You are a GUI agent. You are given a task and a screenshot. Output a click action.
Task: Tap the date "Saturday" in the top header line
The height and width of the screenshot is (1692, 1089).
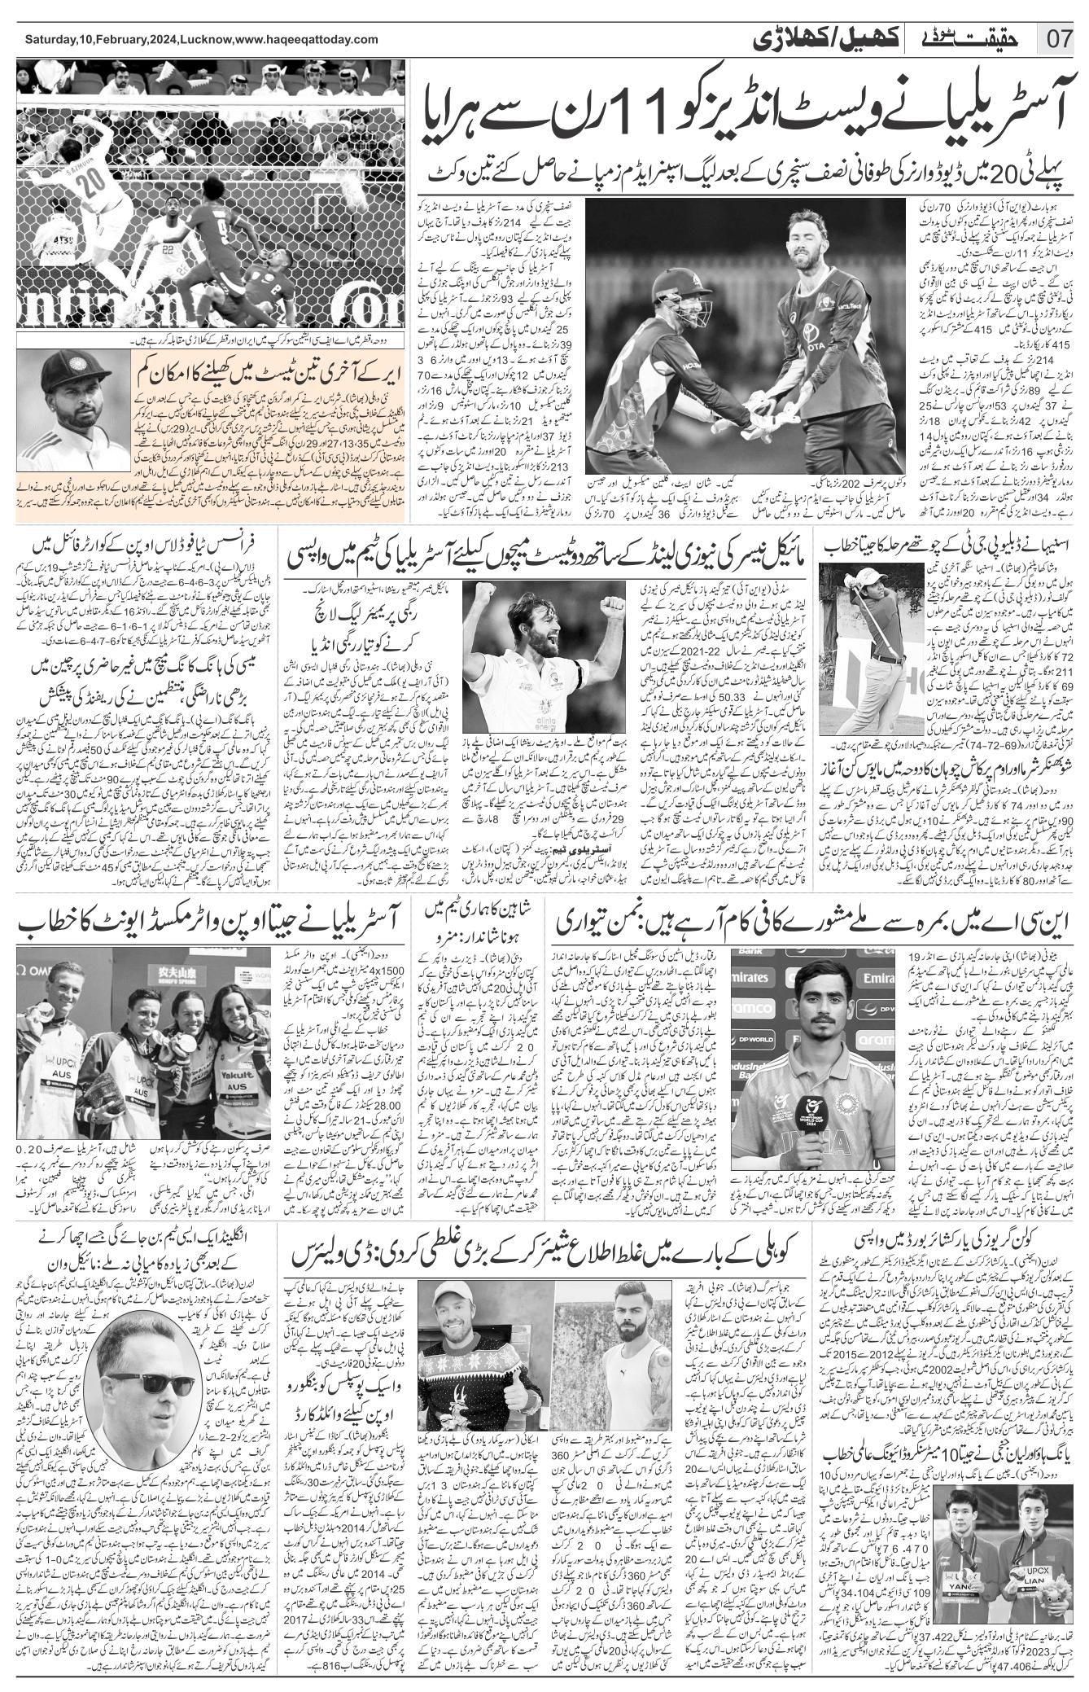[51, 39]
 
